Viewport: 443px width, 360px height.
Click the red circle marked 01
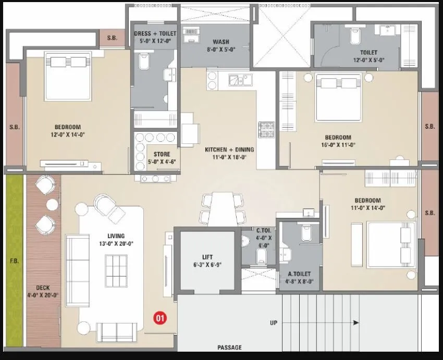160,317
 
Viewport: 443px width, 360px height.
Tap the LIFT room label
207,256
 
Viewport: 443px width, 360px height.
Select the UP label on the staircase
274,322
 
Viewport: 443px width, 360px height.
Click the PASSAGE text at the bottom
229,347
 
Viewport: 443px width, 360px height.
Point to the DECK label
43,287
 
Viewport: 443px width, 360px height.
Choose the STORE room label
161,154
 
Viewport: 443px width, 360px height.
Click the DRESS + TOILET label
155,33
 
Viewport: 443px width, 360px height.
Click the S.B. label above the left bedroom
112,38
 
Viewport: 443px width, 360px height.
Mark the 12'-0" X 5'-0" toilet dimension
368,59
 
